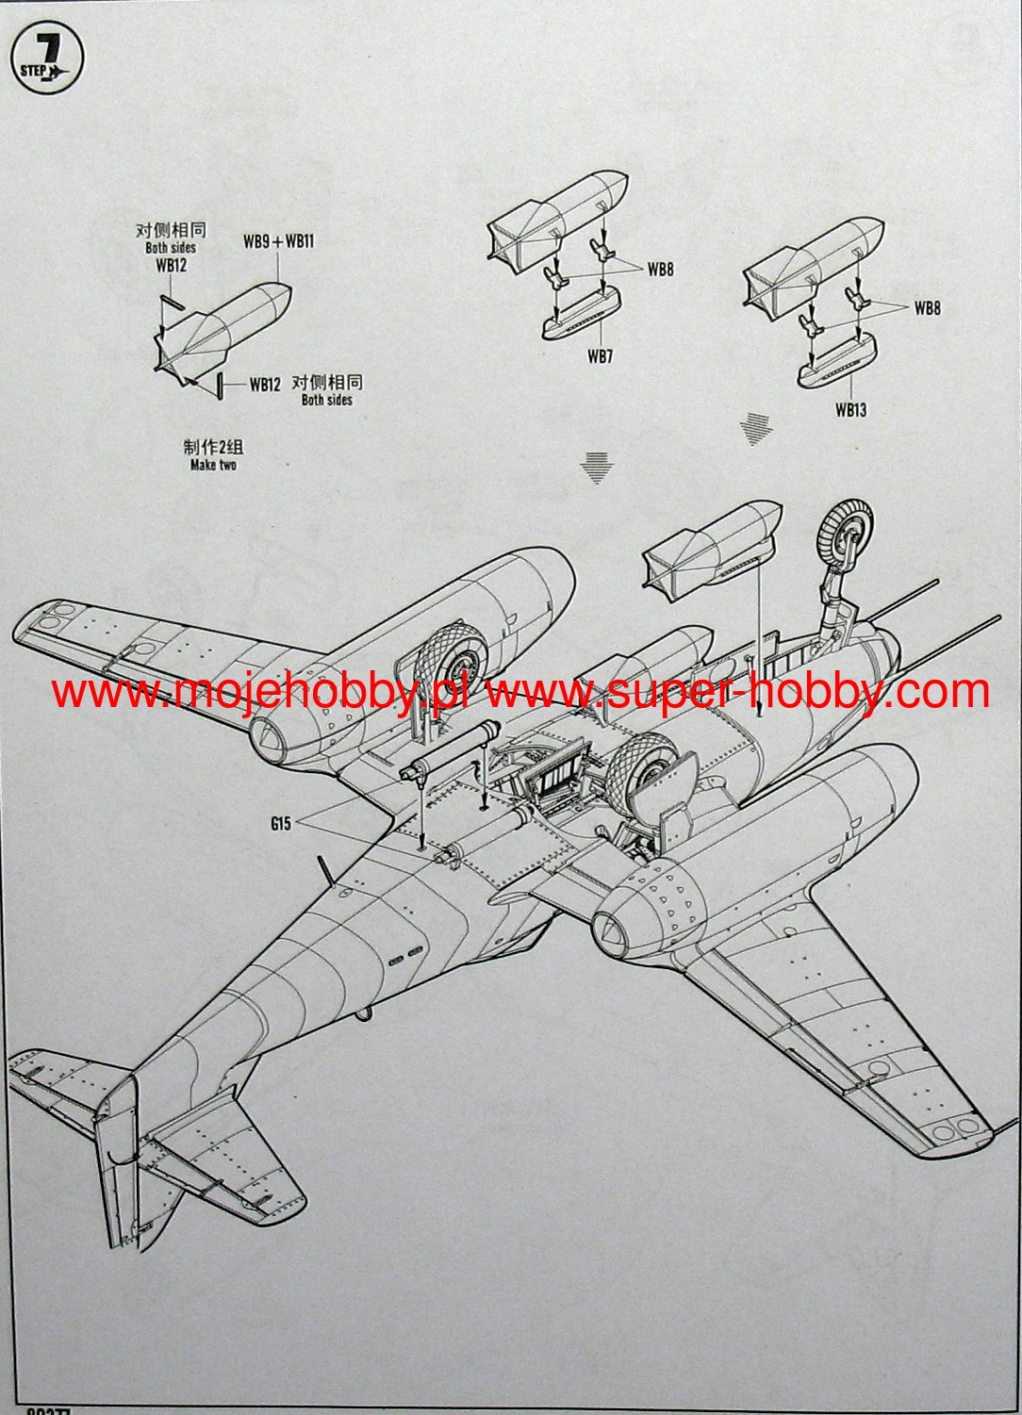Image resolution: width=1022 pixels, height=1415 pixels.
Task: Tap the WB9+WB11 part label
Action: [x=278, y=241]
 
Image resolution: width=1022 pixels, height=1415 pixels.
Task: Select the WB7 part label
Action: [x=600, y=356]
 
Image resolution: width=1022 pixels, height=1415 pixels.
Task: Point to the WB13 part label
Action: [x=849, y=410]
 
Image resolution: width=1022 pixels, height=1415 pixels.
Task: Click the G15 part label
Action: [x=280, y=824]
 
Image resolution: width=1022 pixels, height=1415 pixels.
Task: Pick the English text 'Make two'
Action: [x=213, y=465]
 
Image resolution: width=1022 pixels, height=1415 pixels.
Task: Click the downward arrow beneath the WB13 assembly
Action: [x=756, y=428]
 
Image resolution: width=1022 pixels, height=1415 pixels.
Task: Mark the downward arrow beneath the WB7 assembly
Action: [x=595, y=467]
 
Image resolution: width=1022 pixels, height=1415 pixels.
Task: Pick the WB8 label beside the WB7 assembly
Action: [x=660, y=270]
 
